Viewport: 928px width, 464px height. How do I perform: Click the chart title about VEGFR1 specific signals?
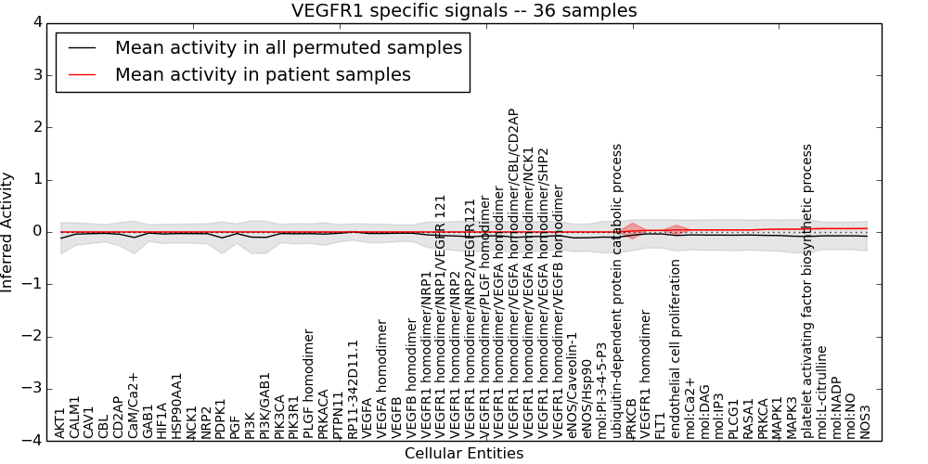click(x=464, y=11)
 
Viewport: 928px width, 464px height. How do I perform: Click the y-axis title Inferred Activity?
click(x=8, y=231)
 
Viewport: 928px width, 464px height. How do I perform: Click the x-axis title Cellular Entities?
click(x=464, y=454)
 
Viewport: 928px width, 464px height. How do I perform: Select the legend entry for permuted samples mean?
click(x=288, y=48)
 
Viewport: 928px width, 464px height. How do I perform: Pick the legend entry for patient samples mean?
click(x=263, y=75)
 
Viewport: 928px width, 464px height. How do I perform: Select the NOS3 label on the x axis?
click(x=866, y=421)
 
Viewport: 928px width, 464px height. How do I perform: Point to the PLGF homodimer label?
click(x=309, y=383)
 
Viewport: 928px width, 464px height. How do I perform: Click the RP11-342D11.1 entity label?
click(x=353, y=389)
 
